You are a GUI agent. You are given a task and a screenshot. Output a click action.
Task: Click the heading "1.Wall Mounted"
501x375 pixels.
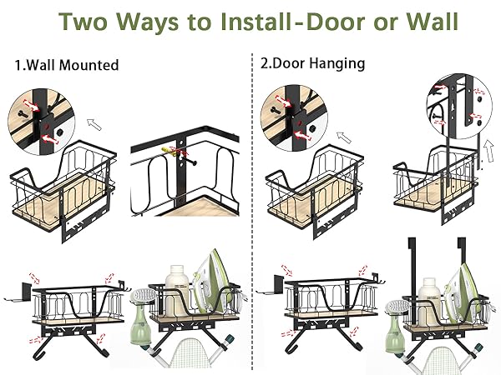pos(68,64)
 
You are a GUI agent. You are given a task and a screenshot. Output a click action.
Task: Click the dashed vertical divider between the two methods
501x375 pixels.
pos(251,208)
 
